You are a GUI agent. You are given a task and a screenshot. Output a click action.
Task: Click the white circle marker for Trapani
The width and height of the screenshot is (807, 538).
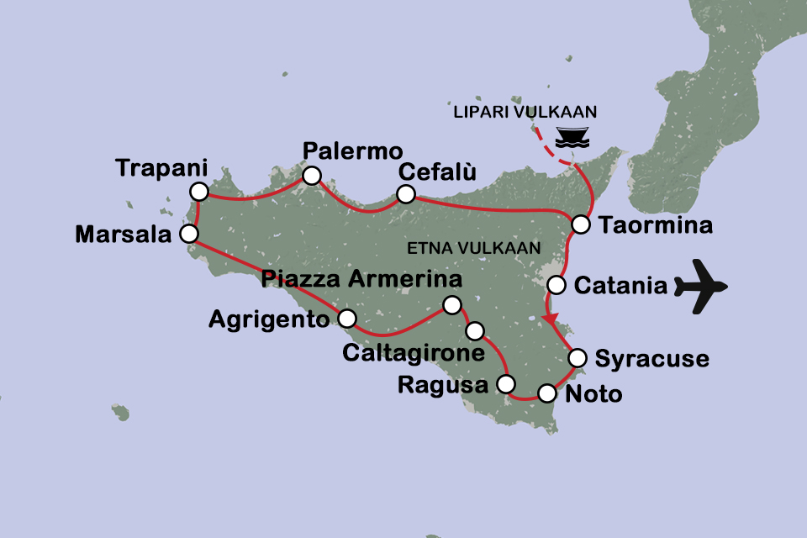click(x=198, y=192)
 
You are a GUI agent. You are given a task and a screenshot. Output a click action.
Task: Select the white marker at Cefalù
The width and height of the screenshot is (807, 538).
click(x=405, y=194)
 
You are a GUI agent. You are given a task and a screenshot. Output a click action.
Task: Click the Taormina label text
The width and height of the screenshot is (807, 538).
click(x=657, y=226)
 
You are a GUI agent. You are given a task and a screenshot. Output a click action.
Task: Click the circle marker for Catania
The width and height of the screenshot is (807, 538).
click(x=556, y=285)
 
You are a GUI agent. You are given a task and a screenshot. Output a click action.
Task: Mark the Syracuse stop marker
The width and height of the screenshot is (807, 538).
click(x=578, y=358)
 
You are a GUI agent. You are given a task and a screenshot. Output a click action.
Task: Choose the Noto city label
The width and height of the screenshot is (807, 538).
click(x=594, y=393)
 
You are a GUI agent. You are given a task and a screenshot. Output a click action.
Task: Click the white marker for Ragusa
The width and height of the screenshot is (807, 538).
click(x=505, y=384)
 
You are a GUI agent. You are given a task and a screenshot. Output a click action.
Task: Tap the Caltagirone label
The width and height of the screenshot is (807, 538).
click(x=414, y=352)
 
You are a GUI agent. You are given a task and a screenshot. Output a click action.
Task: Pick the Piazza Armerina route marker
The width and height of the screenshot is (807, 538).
click(x=452, y=304)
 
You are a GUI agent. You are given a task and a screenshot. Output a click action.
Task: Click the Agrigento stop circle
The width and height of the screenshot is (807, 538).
click(x=346, y=318)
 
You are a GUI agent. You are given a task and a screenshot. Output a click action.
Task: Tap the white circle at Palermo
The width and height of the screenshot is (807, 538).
click(x=311, y=176)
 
